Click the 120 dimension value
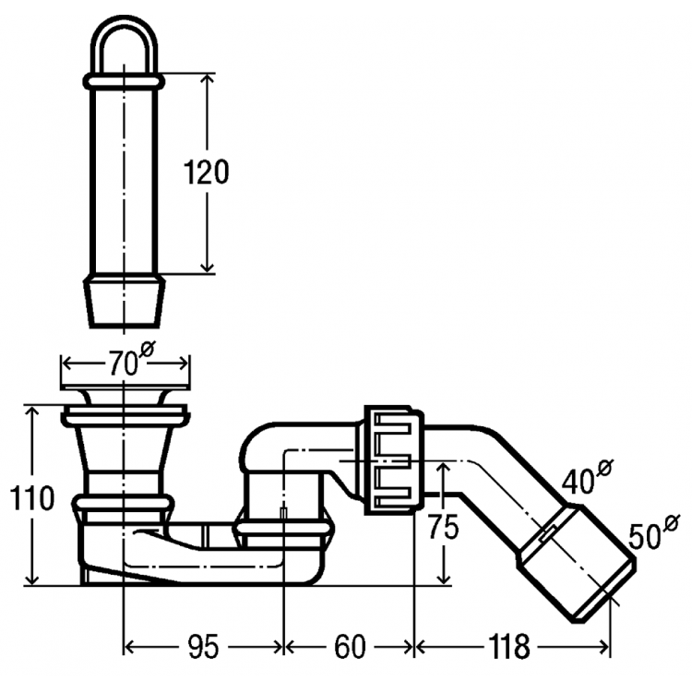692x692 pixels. point(206,172)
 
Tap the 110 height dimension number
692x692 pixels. point(31,498)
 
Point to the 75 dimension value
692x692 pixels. point(444,527)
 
